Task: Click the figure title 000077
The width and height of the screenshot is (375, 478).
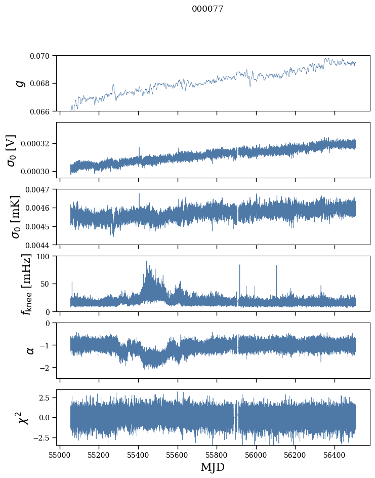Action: [207, 9]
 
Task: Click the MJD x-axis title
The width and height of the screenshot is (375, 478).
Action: [213, 467]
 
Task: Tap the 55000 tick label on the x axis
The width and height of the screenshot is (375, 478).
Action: [60, 453]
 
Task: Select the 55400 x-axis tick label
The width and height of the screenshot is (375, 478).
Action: [138, 453]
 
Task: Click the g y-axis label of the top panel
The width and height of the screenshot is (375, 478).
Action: [21, 83]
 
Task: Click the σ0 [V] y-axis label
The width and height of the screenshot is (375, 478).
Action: [11, 150]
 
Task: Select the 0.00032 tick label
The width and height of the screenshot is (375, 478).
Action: [38, 144]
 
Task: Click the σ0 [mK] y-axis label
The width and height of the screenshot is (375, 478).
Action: [11, 217]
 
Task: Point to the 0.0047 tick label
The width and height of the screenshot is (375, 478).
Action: [40, 189]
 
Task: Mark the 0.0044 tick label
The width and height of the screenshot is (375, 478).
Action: [40, 245]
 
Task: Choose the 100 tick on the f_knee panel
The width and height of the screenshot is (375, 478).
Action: [46, 256]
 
